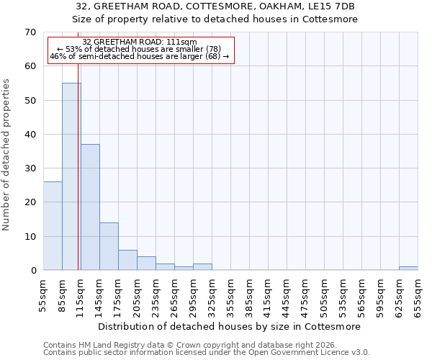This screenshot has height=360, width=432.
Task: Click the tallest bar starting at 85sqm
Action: [x=71, y=176]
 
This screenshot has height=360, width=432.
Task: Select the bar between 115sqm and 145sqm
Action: [x=90, y=207]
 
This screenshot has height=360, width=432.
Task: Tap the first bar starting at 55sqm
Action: [x=53, y=226]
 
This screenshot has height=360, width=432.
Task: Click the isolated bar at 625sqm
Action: [x=408, y=269]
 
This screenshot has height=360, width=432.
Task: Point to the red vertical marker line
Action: [x=78, y=180]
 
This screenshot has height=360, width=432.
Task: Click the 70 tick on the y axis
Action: [x=30, y=32]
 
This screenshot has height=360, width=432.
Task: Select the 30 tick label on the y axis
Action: [x=30, y=168]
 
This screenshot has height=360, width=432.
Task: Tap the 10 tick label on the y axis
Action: [x=30, y=237]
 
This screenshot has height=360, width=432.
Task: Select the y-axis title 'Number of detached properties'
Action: [x=6, y=155]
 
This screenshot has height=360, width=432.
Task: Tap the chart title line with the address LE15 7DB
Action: [x=215, y=6]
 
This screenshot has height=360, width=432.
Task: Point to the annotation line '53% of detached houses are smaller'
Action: [x=139, y=49]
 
